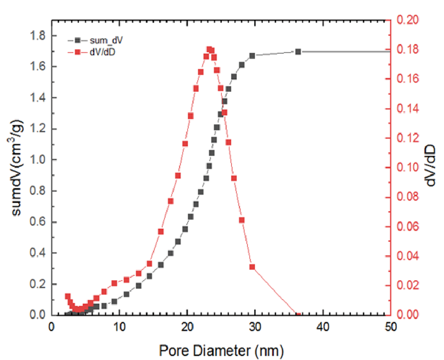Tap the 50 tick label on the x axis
pos(391,327)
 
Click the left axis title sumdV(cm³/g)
pos(17,169)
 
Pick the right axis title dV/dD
pos(432,167)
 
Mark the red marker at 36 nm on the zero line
pos(298,315)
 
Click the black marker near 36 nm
pos(298,52)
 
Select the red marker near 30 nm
pos(252,267)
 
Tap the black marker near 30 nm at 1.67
pos(252,56)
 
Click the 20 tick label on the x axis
pos(187,327)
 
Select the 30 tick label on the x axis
pos(255,327)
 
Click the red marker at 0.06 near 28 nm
pos(242,220)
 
